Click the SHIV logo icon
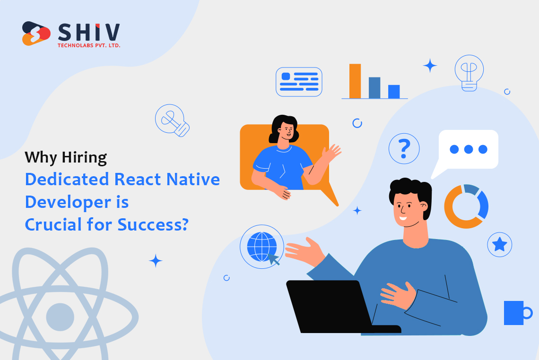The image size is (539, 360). (x=36, y=34)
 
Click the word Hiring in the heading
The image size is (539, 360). (x=84, y=158)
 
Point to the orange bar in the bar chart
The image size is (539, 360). (x=355, y=81)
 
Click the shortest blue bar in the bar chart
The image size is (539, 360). (x=394, y=92)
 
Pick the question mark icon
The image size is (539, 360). (x=404, y=148)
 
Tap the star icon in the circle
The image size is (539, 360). (x=499, y=245)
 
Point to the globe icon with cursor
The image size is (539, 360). (x=262, y=247)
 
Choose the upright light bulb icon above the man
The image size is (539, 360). (x=469, y=73)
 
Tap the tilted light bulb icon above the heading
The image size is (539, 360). (x=172, y=120)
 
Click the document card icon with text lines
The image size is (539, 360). (x=299, y=82)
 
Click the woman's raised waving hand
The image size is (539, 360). (x=330, y=154)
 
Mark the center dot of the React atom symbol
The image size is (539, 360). (x=60, y=317)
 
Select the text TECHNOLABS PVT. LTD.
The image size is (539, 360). (x=89, y=45)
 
